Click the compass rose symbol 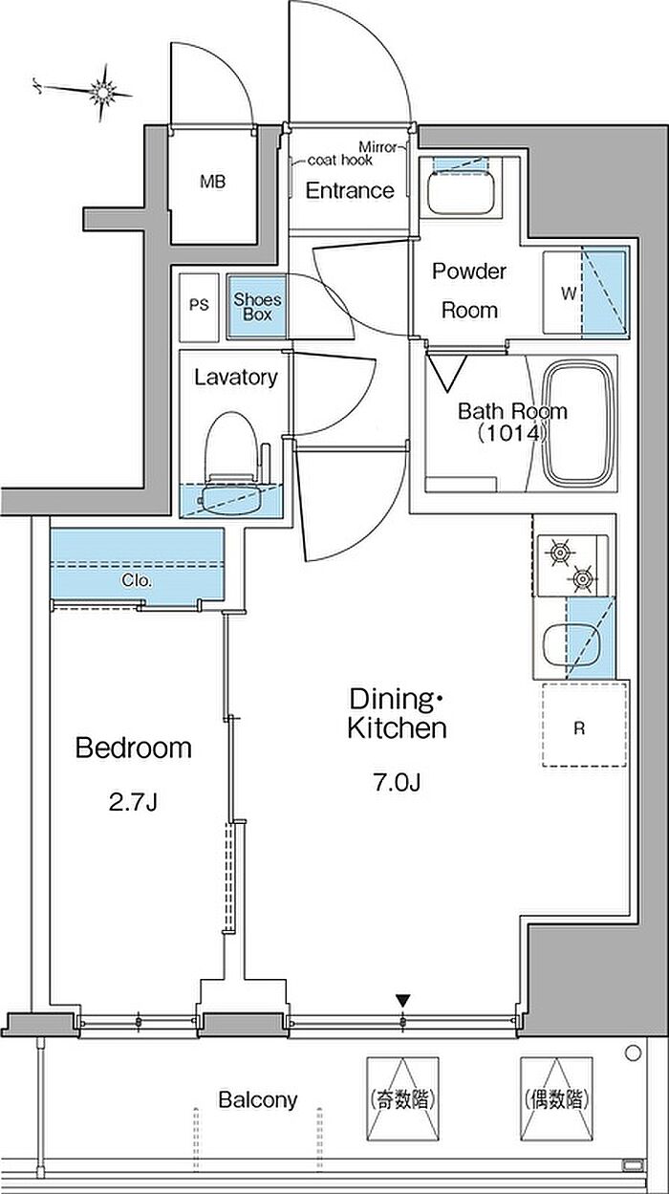pos(100,93)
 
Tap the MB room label pos(213,182)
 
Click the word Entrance pos(350,190)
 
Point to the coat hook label pos(340,160)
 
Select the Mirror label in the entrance pos(378,146)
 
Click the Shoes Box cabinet pos(257,307)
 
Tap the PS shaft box pos(199,307)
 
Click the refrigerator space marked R pos(584,724)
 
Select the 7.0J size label pos(398,783)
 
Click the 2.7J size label pos(133,802)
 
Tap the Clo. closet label pos(137,580)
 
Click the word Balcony pos(258,1099)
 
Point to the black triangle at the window pos(402,999)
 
